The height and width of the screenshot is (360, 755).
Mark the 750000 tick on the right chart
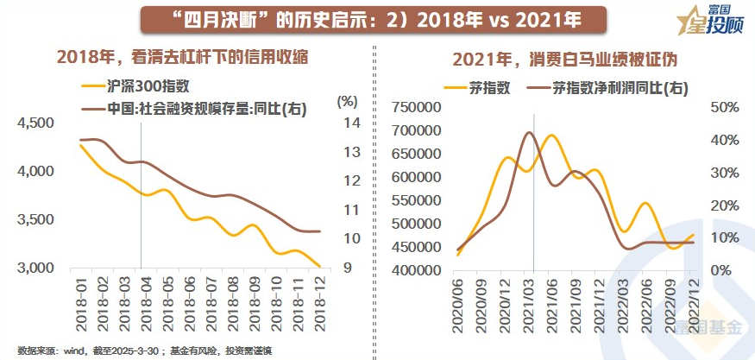(417, 107)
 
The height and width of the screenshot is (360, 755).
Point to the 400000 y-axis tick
(417, 270)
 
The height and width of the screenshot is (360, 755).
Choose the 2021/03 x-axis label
(529, 300)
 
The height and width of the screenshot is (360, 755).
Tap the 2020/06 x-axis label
(459, 300)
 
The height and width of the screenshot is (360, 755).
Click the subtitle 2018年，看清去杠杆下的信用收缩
(182, 58)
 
